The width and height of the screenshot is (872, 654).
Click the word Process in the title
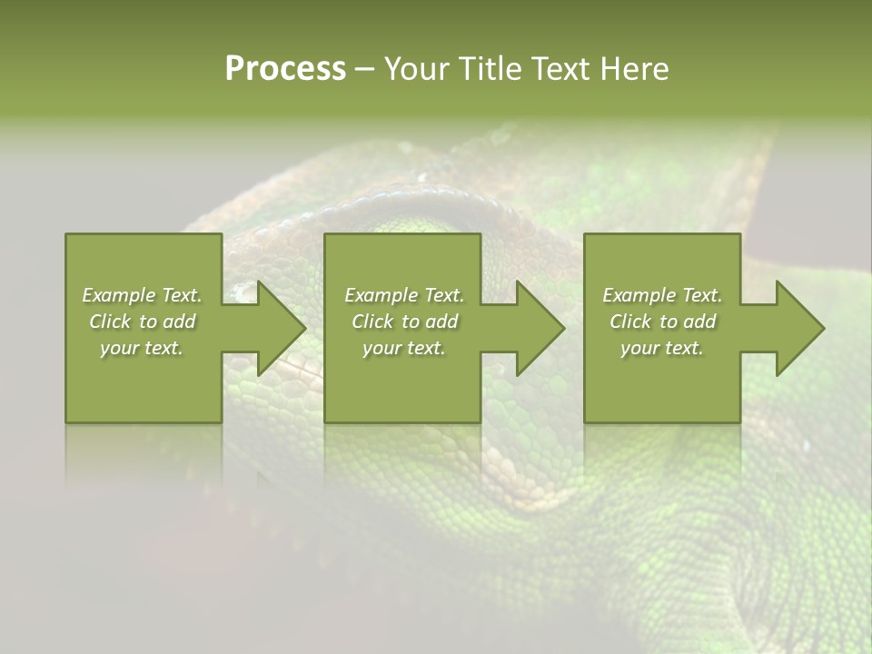285,69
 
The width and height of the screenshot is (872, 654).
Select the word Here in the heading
634,69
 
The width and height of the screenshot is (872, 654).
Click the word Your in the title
418,69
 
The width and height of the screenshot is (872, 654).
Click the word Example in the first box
119,295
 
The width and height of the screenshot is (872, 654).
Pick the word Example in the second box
381,295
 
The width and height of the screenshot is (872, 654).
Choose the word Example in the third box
639,295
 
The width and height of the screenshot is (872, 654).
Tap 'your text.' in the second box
403,348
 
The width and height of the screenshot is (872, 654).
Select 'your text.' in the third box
662,348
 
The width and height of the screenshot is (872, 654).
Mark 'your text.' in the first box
142,348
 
